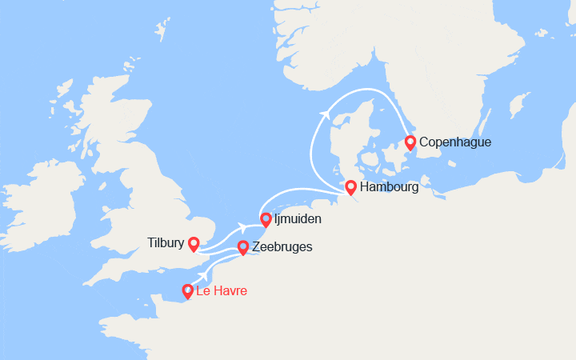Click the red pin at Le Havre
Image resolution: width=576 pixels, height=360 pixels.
pyautogui.click(x=188, y=291)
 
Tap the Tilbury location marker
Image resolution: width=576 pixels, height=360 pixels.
pyautogui.click(x=193, y=242)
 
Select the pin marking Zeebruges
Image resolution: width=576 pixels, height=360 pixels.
pyautogui.click(x=243, y=247)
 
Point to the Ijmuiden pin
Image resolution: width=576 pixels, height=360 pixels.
pyautogui.click(x=266, y=219)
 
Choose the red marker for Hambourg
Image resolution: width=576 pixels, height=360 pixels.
pyautogui.click(x=350, y=187)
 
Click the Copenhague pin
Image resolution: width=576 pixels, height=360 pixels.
pyautogui.click(x=410, y=142)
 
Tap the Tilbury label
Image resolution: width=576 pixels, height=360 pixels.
pyautogui.click(x=165, y=242)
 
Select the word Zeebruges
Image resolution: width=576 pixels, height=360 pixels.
pyautogui.click(x=282, y=247)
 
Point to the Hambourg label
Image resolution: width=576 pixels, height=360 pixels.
pyautogui.click(x=389, y=187)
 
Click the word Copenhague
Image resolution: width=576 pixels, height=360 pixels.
pyautogui.click(x=454, y=142)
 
